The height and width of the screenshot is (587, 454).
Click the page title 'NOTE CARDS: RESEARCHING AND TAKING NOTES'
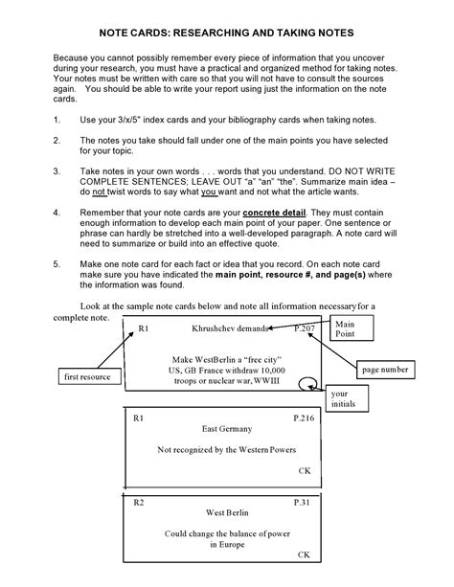pyautogui.click(x=226, y=33)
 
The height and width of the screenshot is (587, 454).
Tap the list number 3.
pyautogui.click(x=57, y=171)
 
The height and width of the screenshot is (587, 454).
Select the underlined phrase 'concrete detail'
pyautogui.click(x=274, y=213)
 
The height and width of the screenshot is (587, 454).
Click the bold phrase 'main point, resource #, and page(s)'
pyautogui.click(x=290, y=275)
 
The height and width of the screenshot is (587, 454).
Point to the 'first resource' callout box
pyautogui.click(x=90, y=376)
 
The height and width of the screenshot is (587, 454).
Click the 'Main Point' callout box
pyautogui.click(x=352, y=327)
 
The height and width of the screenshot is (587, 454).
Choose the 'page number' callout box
pyautogui.click(x=385, y=370)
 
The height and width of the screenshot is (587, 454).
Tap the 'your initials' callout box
pyautogui.click(x=347, y=398)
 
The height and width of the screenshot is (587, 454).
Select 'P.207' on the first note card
pyautogui.click(x=305, y=328)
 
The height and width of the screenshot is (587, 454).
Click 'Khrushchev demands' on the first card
pyautogui.click(x=230, y=328)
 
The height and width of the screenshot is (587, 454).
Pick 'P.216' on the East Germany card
pyautogui.click(x=304, y=418)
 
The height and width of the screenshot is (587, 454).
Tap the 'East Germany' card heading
pyautogui.click(x=227, y=429)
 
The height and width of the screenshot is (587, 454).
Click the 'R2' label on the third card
pyautogui.click(x=139, y=503)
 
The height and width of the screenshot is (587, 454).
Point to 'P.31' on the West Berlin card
pyautogui.click(x=302, y=503)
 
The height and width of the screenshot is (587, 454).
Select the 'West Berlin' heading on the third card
pyautogui.click(x=227, y=512)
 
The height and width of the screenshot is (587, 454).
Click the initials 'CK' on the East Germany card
pyautogui.click(x=305, y=470)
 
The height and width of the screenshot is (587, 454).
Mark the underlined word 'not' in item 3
pyautogui.click(x=100, y=192)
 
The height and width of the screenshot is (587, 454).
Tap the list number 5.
pyautogui.click(x=57, y=264)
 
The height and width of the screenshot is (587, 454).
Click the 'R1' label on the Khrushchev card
pyautogui.click(x=144, y=328)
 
